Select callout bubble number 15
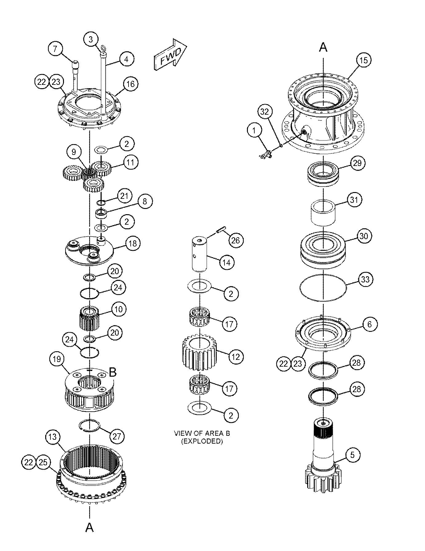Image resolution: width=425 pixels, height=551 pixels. (363, 60)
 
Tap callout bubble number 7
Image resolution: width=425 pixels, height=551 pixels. (55, 49)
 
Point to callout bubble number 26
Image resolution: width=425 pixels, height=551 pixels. (235, 240)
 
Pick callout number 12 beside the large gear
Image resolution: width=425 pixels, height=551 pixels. (236, 357)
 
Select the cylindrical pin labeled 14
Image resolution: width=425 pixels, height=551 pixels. (199, 254)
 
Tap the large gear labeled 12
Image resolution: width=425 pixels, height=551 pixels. (198, 353)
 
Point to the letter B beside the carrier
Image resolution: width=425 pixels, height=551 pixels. (113, 372)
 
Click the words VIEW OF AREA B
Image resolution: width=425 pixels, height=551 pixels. (202, 433)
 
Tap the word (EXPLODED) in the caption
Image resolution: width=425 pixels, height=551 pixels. (202, 441)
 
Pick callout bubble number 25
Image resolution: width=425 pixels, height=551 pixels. (43, 462)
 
